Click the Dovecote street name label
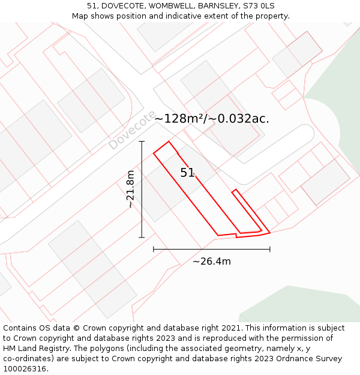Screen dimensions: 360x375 pyautogui.click(x=132, y=130)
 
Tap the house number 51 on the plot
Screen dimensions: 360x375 pyautogui.click(x=187, y=173)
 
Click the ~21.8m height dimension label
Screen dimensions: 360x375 pyautogui.click(x=130, y=189)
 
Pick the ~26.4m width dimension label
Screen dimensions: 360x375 pyautogui.click(x=211, y=261)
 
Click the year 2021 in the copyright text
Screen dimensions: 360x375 pyautogui.click(x=230, y=328)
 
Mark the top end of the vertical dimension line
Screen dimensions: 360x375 pyautogui.click(x=142, y=142)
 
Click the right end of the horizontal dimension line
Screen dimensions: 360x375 pyautogui.click(x=269, y=249)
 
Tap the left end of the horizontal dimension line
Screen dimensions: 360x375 pyautogui.click(x=154, y=249)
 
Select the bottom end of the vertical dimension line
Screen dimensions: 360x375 pyautogui.click(x=142, y=238)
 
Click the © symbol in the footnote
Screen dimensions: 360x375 pyautogui.click(x=76, y=328)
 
